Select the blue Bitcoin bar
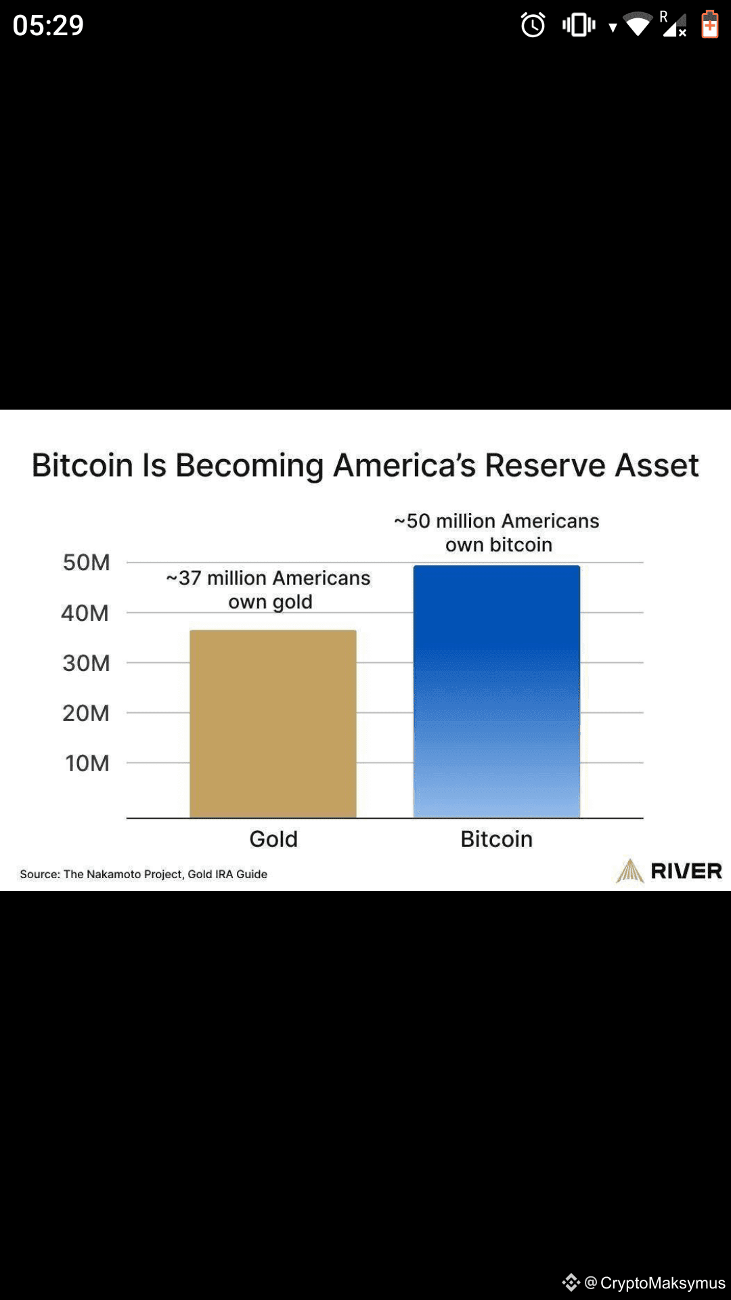pyautogui.click(x=496, y=691)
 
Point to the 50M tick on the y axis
pyautogui.click(x=86, y=563)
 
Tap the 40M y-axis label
pyautogui.click(x=85, y=613)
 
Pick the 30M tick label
pyautogui.click(x=86, y=663)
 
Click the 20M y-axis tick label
pyautogui.click(x=86, y=713)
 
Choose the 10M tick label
pyautogui.click(x=87, y=763)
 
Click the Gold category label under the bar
pyautogui.click(x=273, y=839)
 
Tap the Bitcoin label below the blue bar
pyautogui.click(x=496, y=839)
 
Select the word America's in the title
pyautogui.click(x=405, y=465)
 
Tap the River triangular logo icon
pyautogui.click(x=629, y=871)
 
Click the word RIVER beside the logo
pyautogui.click(x=686, y=871)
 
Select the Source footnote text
pyautogui.click(x=143, y=874)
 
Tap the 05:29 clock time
pyautogui.click(x=48, y=26)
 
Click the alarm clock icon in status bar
pyautogui.click(x=533, y=26)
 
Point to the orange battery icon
pyautogui.click(x=709, y=25)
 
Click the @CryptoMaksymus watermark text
pyautogui.click(x=655, y=1282)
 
